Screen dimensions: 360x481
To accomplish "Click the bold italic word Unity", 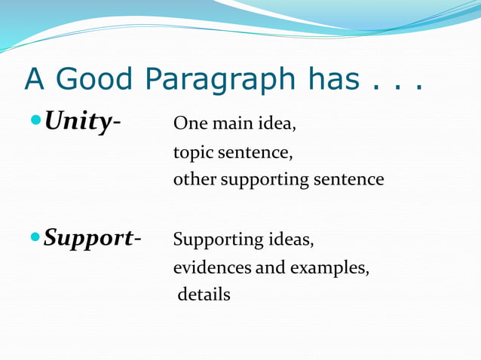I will (x=76, y=121).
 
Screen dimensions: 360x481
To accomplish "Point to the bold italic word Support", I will (x=87, y=238).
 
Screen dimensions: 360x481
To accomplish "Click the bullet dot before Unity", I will (x=36, y=121).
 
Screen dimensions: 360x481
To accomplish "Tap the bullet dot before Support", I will (x=36, y=238).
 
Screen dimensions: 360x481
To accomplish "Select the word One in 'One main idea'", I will (x=188, y=124).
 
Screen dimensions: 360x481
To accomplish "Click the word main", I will (x=228, y=124).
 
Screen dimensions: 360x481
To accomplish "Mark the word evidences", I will (x=213, y=267).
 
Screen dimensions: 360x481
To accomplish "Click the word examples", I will (x=332, y=268).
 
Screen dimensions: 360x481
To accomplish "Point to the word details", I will (x=204, y=294).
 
